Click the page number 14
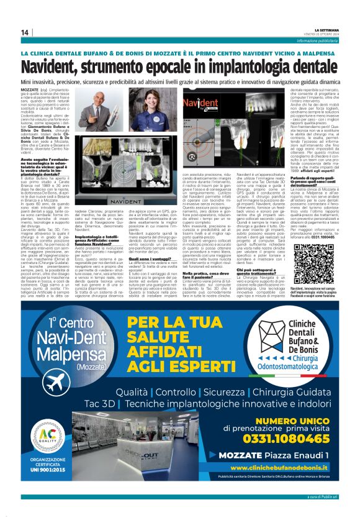click(25, 32)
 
